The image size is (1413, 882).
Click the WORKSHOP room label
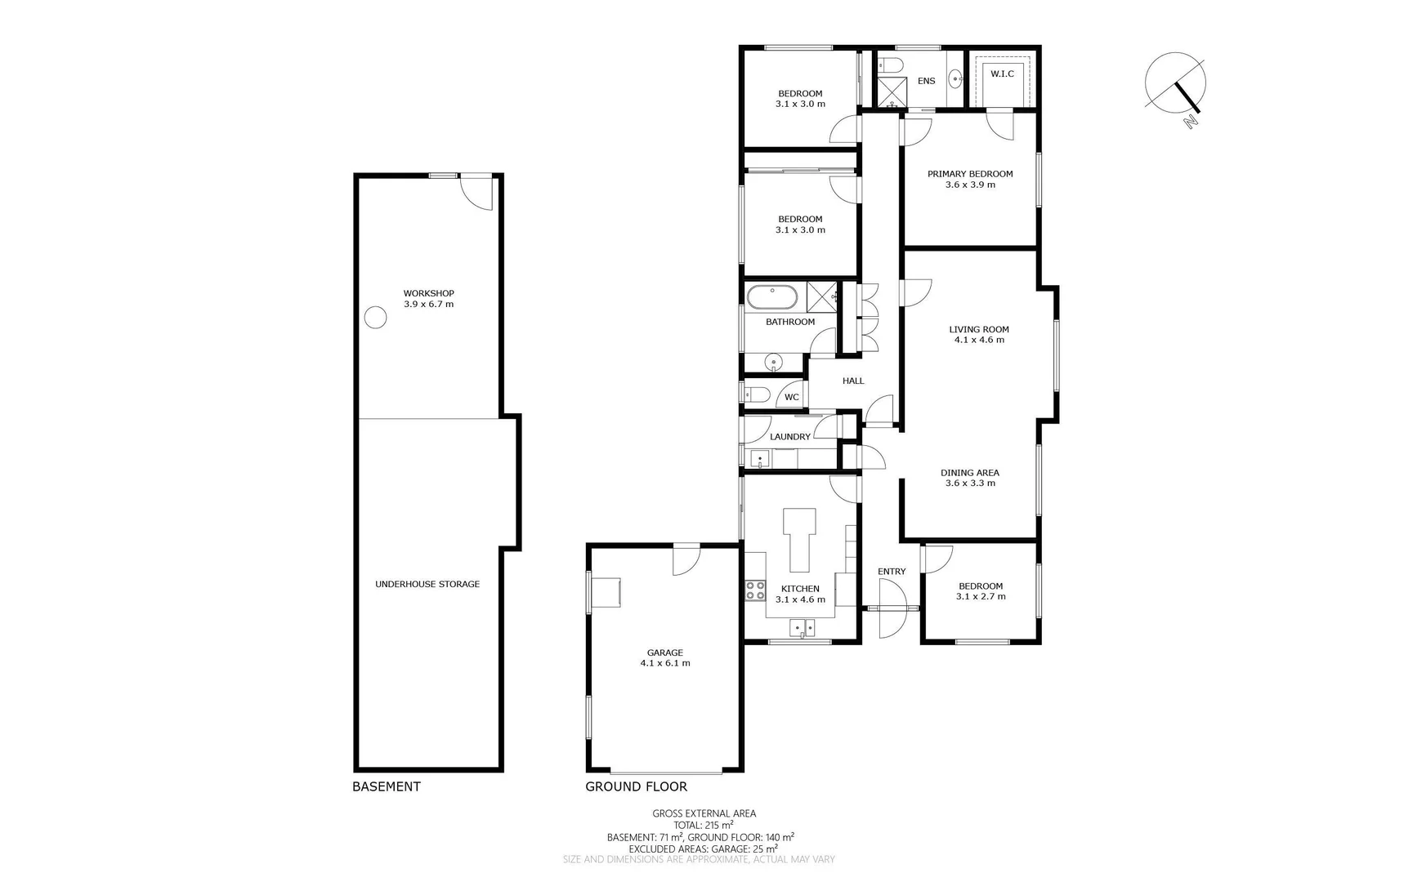click(x=428, y=293)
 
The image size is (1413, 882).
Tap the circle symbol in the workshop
click(x=375, y=317)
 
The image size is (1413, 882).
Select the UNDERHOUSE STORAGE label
click(x=427, y=584)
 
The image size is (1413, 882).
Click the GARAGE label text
click(x=665, y=653)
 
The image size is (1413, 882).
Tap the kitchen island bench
click(x=800, y=540)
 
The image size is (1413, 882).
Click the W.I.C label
click(x=1002, y=73)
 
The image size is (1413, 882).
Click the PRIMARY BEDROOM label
click(x=970, y=174)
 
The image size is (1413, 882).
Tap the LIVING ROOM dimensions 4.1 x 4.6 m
click(x=979, y=340)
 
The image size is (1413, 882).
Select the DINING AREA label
click(x=970, y=472)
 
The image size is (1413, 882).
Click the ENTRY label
click(x=892, y=572)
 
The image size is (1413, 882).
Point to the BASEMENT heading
click(x=386, y=786)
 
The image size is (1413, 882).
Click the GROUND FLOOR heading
click(x=636, y=786)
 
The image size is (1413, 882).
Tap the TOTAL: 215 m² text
click(x=703, y=825)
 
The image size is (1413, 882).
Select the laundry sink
click(x=761, y=460)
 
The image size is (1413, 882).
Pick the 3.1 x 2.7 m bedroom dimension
click(x=981, y=596)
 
